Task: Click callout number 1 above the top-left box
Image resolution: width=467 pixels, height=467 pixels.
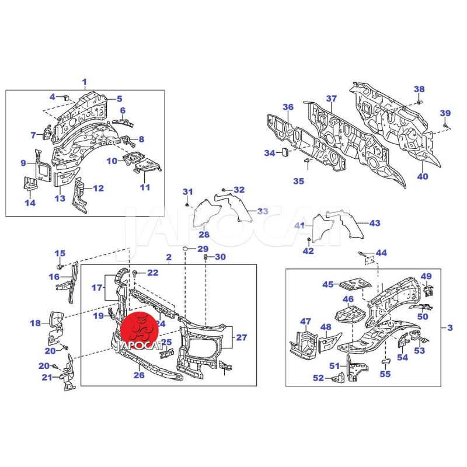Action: [x=84, y=82]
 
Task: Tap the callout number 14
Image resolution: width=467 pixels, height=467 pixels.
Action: [x=30, y=203]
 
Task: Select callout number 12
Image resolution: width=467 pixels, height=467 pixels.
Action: [x=98, y=188]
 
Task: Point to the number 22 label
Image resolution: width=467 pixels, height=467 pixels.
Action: [x=152, y=273]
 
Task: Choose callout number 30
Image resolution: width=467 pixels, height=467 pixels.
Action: [x=219, y=257]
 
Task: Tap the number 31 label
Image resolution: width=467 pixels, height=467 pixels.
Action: [x=187, y=192]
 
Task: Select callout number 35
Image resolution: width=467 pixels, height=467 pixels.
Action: [x=298, y=181]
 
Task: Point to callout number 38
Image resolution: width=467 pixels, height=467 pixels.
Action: [x=419, y=89]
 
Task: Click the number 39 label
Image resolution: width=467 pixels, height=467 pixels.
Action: [x=445, y=113]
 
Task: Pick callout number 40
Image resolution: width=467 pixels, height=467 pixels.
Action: [x=423, y=176]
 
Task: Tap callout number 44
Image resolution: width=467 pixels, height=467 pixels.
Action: [x=381, y=253]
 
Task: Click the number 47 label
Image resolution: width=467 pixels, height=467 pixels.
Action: [x=306, y=321]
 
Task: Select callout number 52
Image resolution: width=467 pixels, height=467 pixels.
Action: [x=318, y=378]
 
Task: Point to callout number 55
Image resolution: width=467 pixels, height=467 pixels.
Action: [x=385, y=374]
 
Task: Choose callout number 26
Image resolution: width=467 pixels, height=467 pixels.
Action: [x=139, y=375]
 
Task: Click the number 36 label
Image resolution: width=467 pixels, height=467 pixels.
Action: [x=288, y=107]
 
